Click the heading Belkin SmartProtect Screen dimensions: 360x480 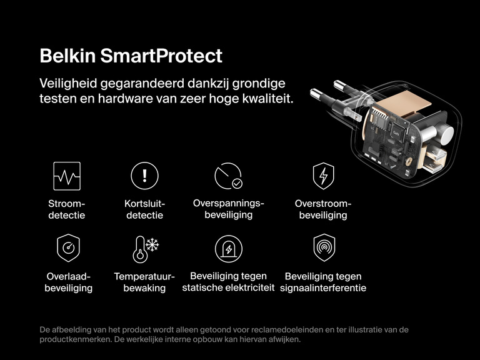tap(131, 56)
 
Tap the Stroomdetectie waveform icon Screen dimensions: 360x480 tap(66, 176)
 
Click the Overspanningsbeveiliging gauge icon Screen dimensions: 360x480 tap(228, 176)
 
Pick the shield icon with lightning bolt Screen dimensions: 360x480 tap(323, 176)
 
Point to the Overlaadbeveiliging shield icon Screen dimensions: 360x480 tap(67, 248)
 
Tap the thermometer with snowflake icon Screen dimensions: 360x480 tap(144, 248)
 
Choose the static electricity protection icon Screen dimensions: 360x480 tap(228, 248)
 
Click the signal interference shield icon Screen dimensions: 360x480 tap(323, 247)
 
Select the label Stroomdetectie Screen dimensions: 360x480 tap(66, 209)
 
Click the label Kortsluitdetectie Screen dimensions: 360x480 tap(144, 209)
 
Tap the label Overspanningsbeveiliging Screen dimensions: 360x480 tap(229, 209)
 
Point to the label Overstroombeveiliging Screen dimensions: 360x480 tap(323, 209)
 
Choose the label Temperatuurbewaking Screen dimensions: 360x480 tap(144, 282)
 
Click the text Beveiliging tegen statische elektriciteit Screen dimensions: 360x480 tap(228, 282)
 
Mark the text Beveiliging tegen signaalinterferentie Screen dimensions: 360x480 tap(323, 282)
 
